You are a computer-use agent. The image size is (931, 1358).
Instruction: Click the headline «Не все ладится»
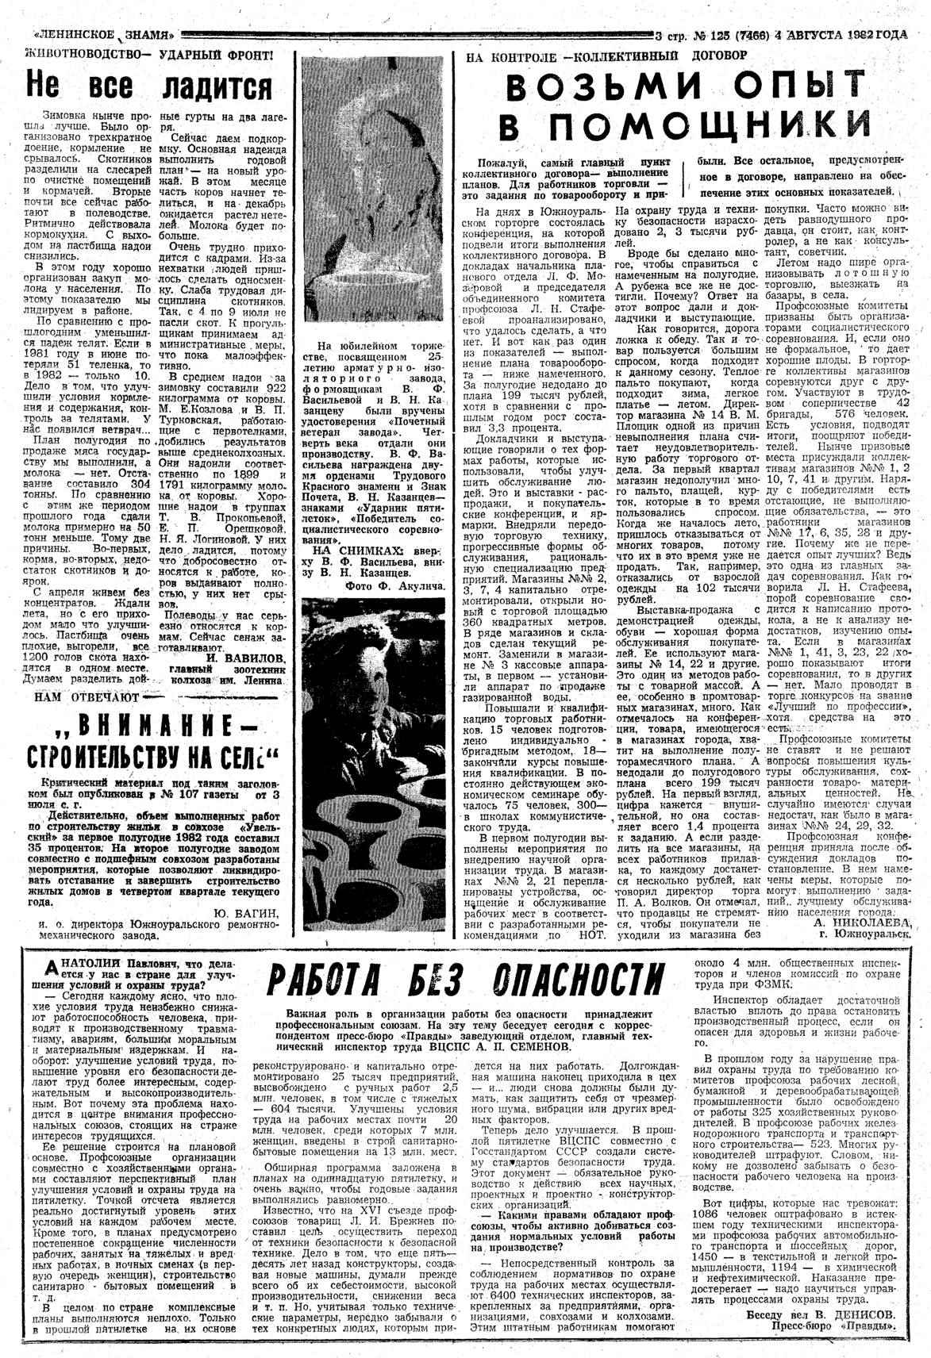click(148, 86)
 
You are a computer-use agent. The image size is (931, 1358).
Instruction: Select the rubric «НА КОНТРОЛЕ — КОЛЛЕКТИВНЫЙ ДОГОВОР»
click(606, 56)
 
